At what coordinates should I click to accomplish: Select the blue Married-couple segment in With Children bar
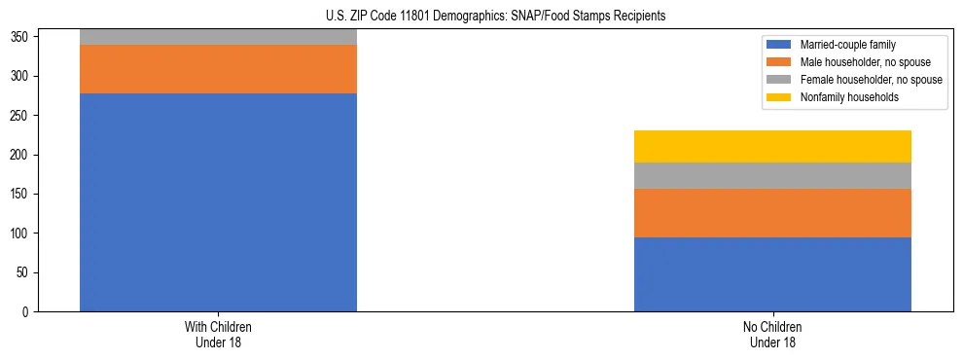218,202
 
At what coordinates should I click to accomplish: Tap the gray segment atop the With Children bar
218,37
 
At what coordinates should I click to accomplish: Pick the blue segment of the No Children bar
772,274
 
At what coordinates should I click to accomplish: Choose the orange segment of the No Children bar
772,213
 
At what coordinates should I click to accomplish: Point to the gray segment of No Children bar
772,176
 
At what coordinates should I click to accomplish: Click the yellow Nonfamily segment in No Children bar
772,147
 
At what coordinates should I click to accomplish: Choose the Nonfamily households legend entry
842,97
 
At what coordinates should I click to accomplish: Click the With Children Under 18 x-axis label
218,334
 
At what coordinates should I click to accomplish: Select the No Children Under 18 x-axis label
772,334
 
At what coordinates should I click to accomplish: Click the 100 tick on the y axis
22,234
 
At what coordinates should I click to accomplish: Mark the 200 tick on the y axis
22,155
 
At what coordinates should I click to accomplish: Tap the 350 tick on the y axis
22,37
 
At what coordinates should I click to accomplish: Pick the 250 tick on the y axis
22,116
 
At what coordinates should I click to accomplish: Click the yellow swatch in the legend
780,97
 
